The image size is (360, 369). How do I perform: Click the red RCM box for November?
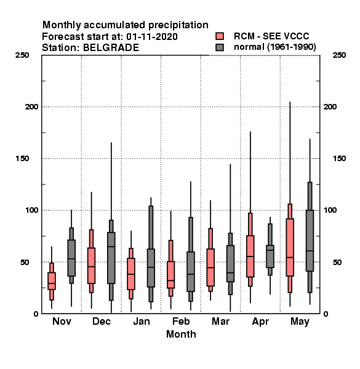pos(52,281)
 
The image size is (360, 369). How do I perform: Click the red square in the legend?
pos(220,36)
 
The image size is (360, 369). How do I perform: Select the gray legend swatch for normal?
pos(220,47)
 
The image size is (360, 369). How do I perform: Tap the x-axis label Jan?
pos(142,321)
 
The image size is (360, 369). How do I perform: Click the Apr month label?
pos(260,322)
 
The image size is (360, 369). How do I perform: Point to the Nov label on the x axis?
pos(62,321)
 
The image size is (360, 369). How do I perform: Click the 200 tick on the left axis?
pos(31,107)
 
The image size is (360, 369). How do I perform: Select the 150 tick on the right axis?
pos(339,159)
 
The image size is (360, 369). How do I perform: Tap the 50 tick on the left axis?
pos(25,262)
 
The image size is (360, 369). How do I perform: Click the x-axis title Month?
pos(181,334)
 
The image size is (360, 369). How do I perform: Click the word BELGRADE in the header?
pos(111,48)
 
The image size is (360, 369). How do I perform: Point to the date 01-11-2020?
pos(152,37)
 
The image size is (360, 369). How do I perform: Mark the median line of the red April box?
pos(250,256)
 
